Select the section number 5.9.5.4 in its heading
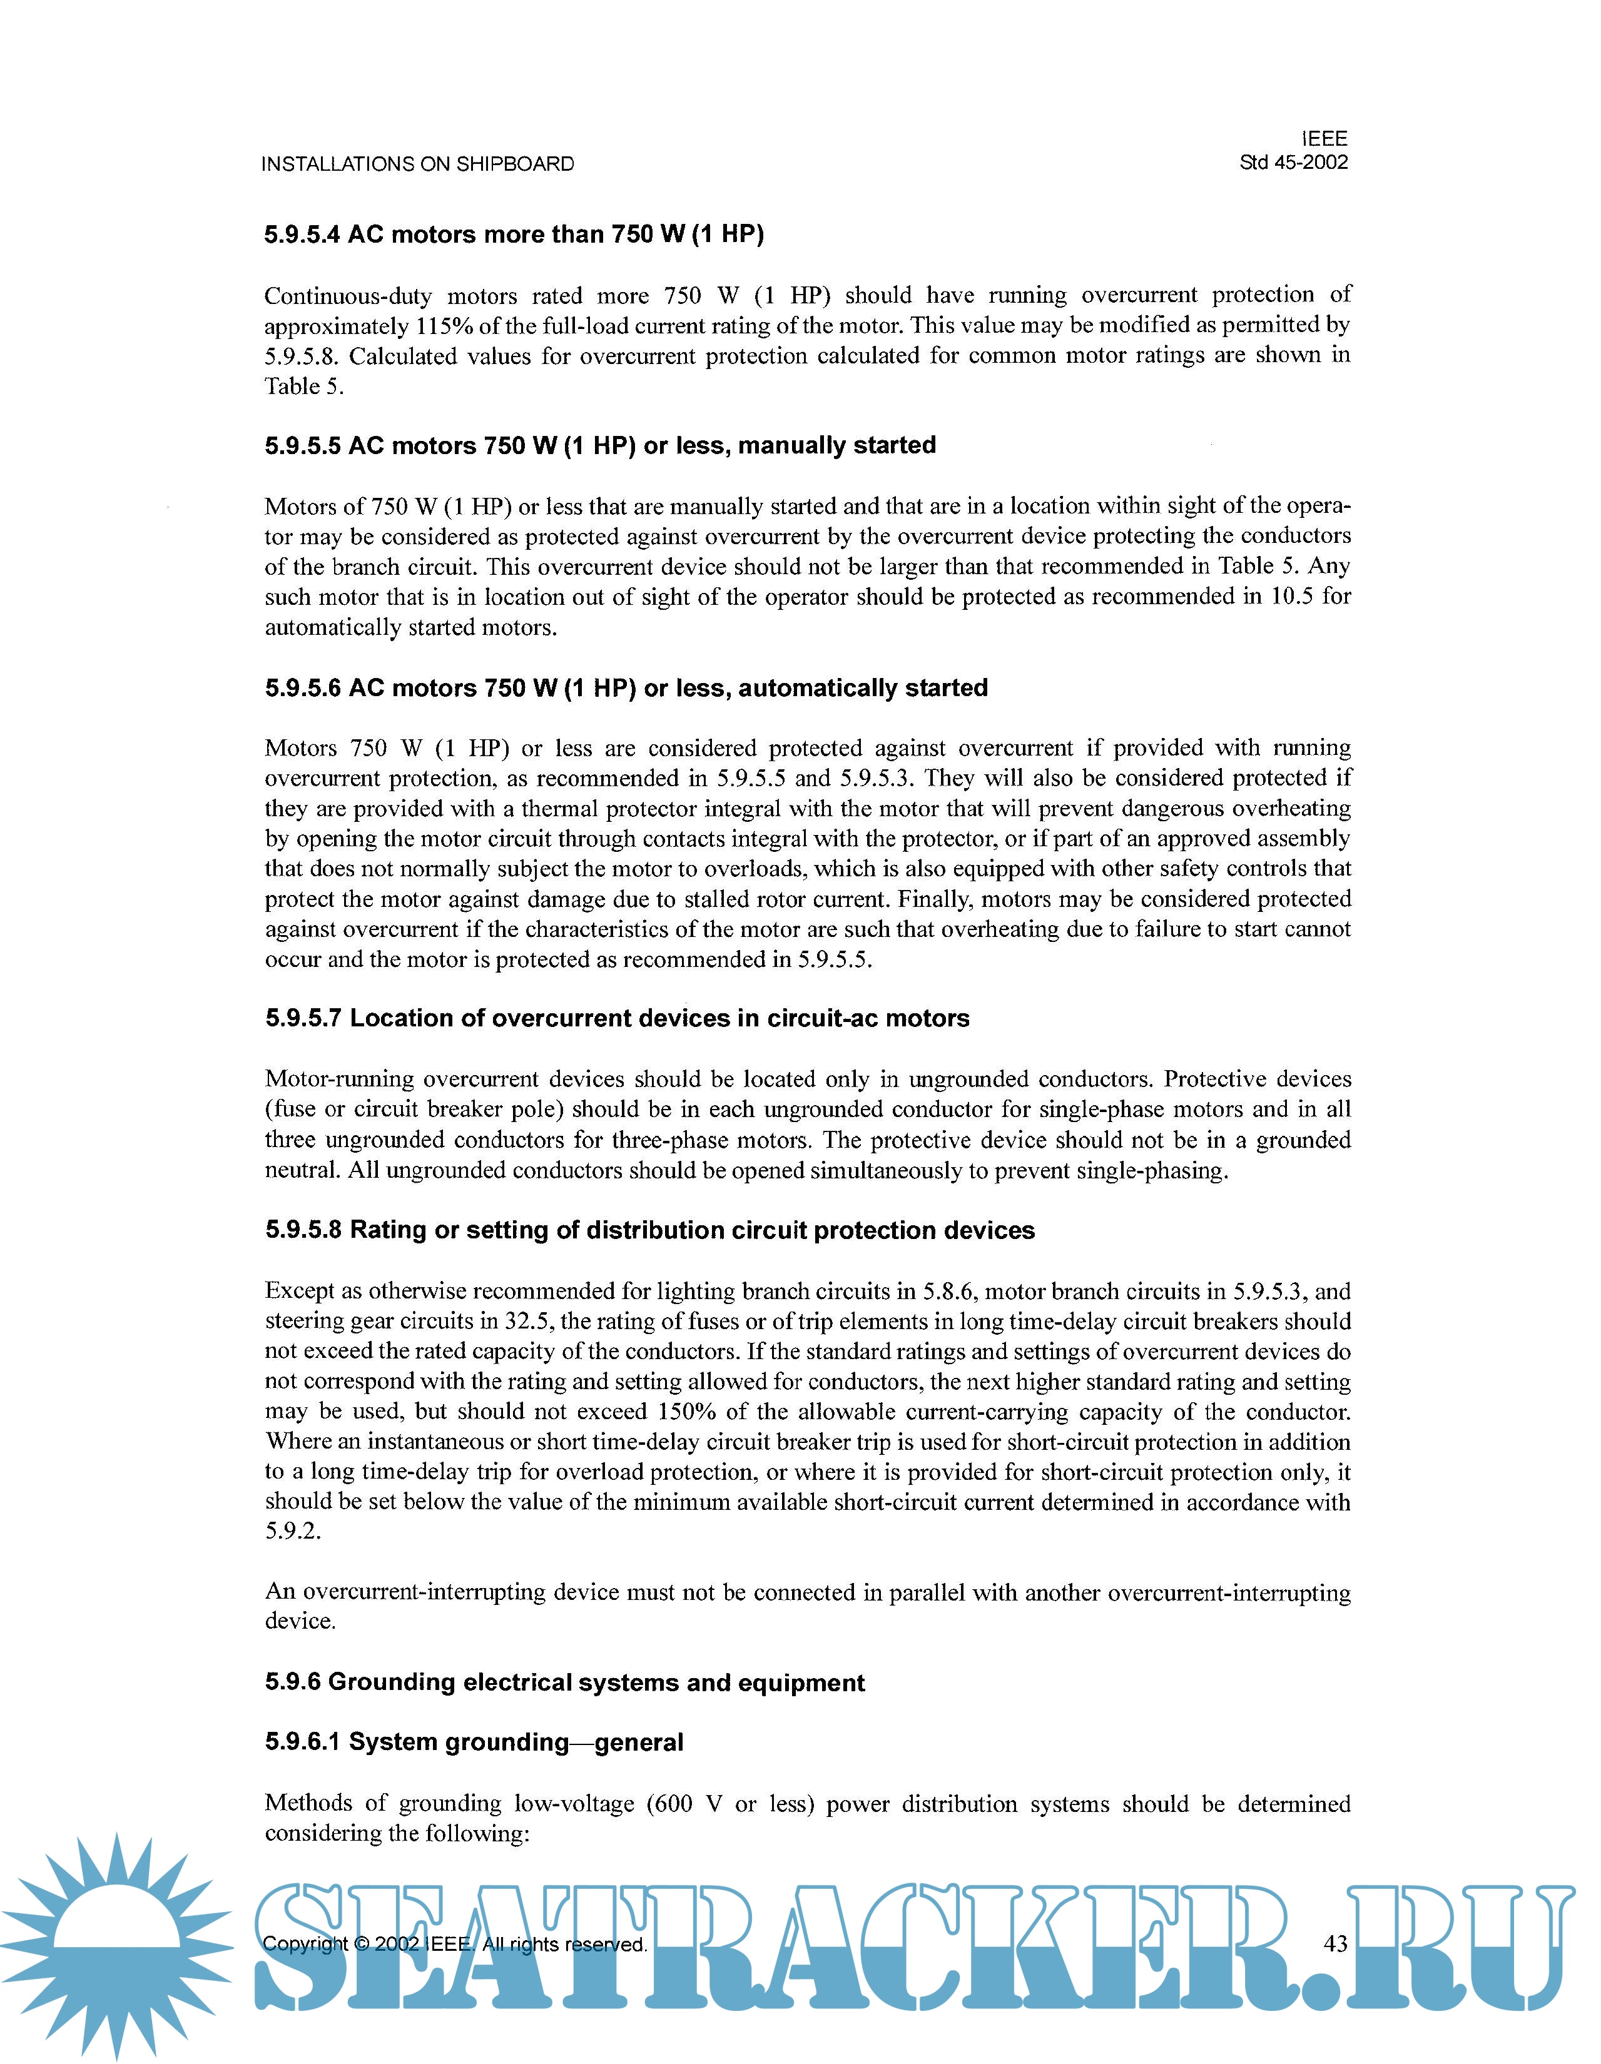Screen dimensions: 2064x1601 coord(302,235)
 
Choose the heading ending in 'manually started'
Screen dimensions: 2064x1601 coord(600,445)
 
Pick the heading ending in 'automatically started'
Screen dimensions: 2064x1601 coord(626,688)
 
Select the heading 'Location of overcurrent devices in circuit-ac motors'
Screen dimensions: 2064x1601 coord(617,1019)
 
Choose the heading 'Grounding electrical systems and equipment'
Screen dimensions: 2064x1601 coord(564,1683)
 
